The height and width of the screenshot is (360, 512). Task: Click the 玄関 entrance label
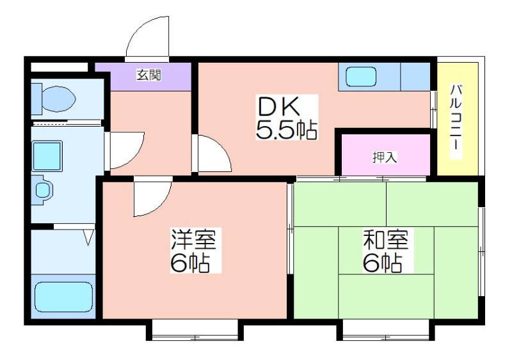148,75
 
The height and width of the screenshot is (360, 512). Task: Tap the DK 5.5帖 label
286,118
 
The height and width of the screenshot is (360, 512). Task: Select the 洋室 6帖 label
194,251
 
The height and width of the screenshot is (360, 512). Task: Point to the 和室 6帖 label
386,251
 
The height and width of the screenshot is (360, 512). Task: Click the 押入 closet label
385,157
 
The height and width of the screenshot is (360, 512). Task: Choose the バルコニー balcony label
456,121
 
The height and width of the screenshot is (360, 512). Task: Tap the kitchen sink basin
361,77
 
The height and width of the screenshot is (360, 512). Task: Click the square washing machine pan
47,156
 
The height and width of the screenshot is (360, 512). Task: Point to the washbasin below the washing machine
43,190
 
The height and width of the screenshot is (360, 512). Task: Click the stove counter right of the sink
415,77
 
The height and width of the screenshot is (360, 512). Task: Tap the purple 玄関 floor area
143,77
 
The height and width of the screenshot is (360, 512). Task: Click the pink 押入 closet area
386,154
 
